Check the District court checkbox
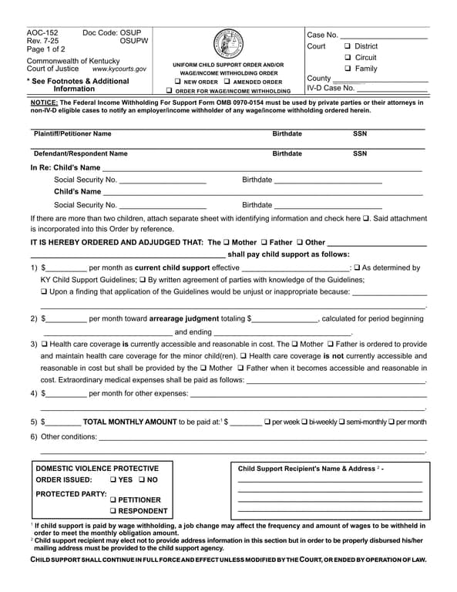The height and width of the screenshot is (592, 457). click(348, 46)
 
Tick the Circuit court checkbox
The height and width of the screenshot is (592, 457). click(348, 58)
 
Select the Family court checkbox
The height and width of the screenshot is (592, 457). click(348, 69)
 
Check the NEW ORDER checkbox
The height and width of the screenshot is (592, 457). click(178, 82)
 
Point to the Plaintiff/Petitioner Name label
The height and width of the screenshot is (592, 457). click(72, 133)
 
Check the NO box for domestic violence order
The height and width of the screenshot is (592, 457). click(142, 479)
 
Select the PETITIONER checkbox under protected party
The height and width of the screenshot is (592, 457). click(113, 499)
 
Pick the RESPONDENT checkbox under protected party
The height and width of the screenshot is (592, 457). click(113, 511)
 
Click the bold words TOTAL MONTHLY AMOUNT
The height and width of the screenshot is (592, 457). click(129, 422)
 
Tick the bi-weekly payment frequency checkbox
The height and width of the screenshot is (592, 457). click(304, 422)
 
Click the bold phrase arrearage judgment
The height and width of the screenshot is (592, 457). click(185, 318)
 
